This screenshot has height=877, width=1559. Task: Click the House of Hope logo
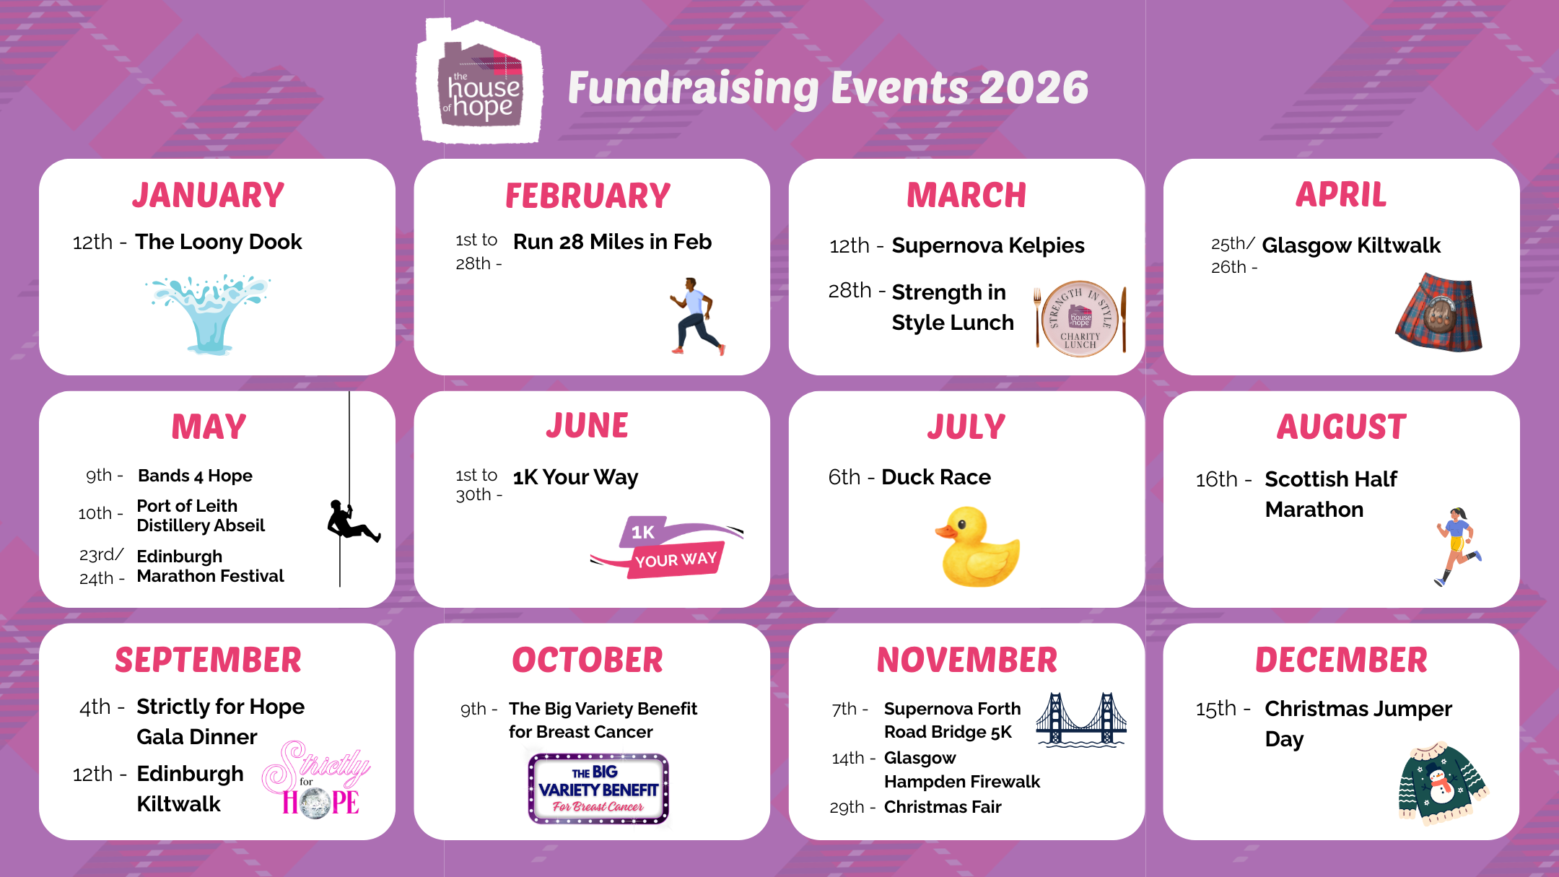(x=479, y=82)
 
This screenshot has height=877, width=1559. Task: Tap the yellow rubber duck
(x=978, y=546)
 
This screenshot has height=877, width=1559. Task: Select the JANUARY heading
(x=209, y=196)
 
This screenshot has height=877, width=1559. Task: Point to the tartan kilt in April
(x=1438, y=313)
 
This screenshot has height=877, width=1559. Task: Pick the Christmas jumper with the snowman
(x=1441, y=784)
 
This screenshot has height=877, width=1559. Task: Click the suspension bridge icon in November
(x=1080, y=720)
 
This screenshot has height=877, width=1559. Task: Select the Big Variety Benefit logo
(x=598, y=789)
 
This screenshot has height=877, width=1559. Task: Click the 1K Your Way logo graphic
(x=667, y=546)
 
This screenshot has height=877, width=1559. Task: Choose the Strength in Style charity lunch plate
(x=1080, y=318)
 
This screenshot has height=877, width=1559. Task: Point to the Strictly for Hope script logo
(x=318, y=780)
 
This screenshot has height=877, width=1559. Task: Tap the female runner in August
(x=1457, y=546)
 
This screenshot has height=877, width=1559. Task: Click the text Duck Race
(x=936, y=477)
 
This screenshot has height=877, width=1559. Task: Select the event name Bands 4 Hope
(x=195, y=476)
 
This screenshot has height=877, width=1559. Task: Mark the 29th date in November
(x=847, y=807)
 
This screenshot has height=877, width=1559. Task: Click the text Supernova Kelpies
(x=987, y=245)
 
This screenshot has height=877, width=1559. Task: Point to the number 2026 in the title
(x=1034, y=88)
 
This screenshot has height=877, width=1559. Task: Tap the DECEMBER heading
(x=1341, y=660)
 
